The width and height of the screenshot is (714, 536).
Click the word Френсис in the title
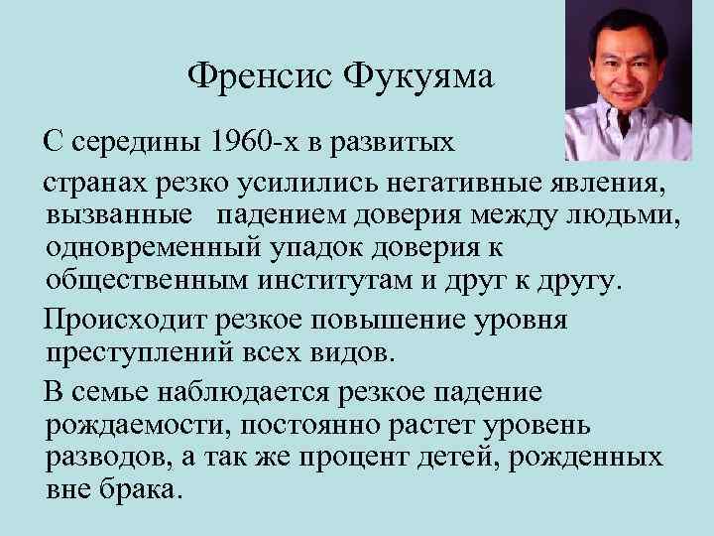[x=259, y=76]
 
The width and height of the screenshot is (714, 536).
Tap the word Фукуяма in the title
[x=419, y=76]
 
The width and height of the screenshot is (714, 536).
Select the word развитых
[x=401, y=142]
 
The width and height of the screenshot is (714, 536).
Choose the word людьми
[x=632, y=214]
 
